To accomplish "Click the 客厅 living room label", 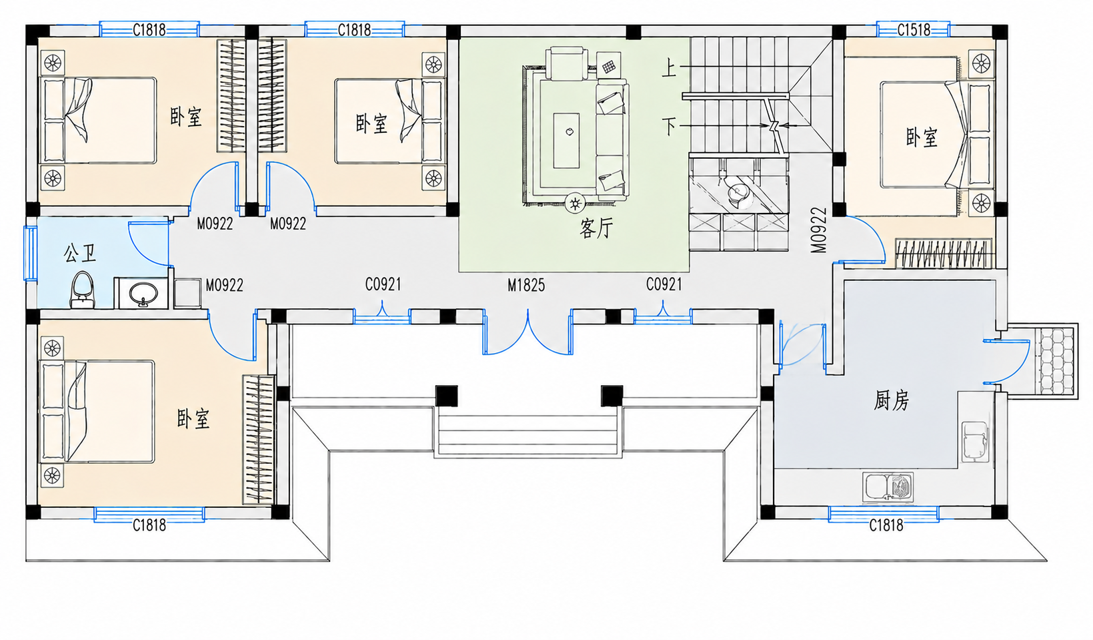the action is (x=596, y=228).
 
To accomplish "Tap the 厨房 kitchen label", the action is (x=891, y=401).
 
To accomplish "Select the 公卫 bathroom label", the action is (x=79, y=254).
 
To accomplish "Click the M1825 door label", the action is (x=526, y=285).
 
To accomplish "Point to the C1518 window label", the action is (x=914, y=30).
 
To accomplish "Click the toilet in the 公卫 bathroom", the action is (x=82, y=290).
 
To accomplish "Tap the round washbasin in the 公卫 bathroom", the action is (x=143, y=294).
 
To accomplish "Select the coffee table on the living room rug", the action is (x=566, y=141).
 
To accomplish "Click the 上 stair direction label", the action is (x=669, y=67).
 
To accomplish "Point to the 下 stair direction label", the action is (x=670, y=126).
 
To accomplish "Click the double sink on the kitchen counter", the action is (x=888, y=487).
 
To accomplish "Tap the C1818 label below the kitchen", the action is (x=886, y=525).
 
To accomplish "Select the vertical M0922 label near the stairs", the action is (x=819, y=230).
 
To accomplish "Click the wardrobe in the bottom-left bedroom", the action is (x=259, y=440).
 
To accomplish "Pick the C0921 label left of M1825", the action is (x=383, y=284).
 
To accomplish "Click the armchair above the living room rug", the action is (x=566, y=63).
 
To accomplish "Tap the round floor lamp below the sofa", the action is (x=576, y=203).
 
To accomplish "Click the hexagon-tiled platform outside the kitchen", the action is (x=1056, y=361).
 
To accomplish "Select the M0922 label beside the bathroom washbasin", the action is (x=225, y=285).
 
